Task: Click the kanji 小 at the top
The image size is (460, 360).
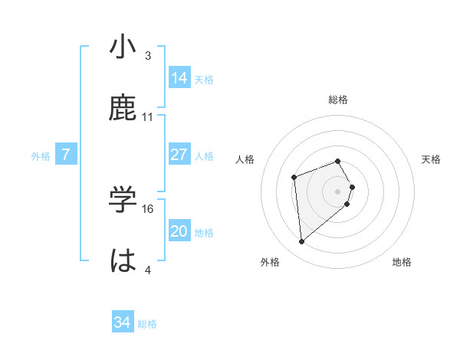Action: pos(123,47)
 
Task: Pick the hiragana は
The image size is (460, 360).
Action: pos(123,260)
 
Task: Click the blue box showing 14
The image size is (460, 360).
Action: pos(179,77)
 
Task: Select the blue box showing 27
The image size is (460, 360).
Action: pos(179,154)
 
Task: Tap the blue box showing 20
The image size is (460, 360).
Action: pos(179,231)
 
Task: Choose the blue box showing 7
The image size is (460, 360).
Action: pos(66,154)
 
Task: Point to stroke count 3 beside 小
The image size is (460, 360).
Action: pos(148,56)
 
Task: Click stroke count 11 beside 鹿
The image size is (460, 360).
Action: pos(148,117)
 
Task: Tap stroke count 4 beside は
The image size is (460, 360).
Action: pos(148,270)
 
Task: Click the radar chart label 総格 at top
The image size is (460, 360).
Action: pos(338,100)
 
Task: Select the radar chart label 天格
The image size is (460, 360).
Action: pos(431,159)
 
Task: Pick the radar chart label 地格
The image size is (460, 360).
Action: pos(402,262)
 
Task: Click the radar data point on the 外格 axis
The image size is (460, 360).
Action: pos(302,242)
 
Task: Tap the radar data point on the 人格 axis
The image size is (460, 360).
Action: pos(294,178)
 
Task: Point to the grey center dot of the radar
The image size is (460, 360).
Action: pos(338,191)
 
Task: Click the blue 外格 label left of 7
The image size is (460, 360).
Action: pos(41,155)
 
